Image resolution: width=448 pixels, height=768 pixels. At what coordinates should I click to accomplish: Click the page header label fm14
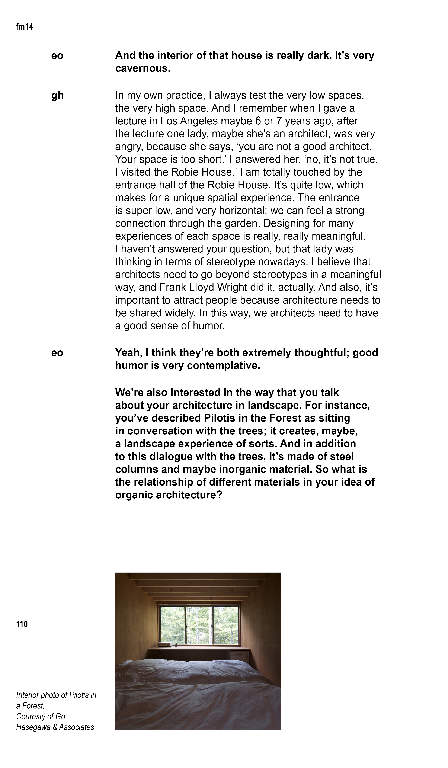point(24,27)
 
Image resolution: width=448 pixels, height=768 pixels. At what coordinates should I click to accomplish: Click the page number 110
point(22,624)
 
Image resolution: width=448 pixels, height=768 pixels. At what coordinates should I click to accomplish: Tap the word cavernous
point(142,68)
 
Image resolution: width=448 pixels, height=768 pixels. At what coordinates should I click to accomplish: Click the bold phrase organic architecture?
point(169,495)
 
